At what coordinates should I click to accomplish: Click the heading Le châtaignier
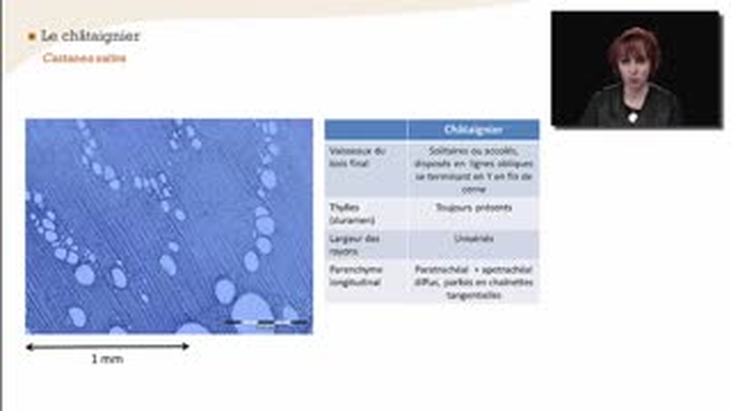click(x=90, y=36)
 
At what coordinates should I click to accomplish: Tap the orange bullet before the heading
click(x=32, y=37)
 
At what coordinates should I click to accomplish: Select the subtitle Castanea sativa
click(x=84, y=58)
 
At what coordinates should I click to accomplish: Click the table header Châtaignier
click(x=473, y=130)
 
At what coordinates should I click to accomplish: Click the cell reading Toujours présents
click(x=473, y=208)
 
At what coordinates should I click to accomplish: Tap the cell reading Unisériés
click(x=473, y=239)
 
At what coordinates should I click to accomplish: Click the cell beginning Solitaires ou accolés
click(x=473, y=170)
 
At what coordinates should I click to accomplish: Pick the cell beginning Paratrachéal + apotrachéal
click(x=473, y=282)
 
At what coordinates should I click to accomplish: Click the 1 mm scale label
click(x=107, y=359)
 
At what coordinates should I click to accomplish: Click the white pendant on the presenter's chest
click(x=632, y=117)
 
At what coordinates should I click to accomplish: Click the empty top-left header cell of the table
click(x=365, y=130)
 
